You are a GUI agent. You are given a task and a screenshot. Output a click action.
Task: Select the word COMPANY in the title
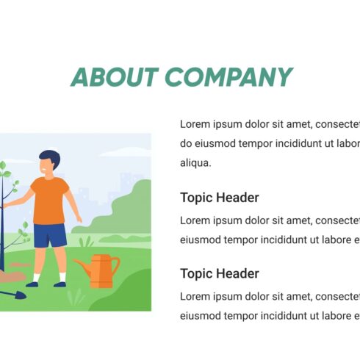[x=228, y=77]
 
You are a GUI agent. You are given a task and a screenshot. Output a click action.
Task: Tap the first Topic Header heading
[x=220, y=198]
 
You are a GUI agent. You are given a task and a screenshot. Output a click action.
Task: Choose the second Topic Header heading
[x=220, y=273]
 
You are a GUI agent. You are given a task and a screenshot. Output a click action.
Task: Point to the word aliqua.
[x=195, y=163]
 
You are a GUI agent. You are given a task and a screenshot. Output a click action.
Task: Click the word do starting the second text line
[x=187, y=143]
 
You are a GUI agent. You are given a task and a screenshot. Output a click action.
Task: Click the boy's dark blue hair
[x=50, y=156]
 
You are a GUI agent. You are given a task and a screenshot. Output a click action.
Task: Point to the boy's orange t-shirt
[x=51, y=199]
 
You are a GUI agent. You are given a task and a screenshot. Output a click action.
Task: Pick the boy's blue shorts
[x=50, y=235]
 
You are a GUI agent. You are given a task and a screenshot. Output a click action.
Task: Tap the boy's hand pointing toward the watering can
[x=79, y=219]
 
